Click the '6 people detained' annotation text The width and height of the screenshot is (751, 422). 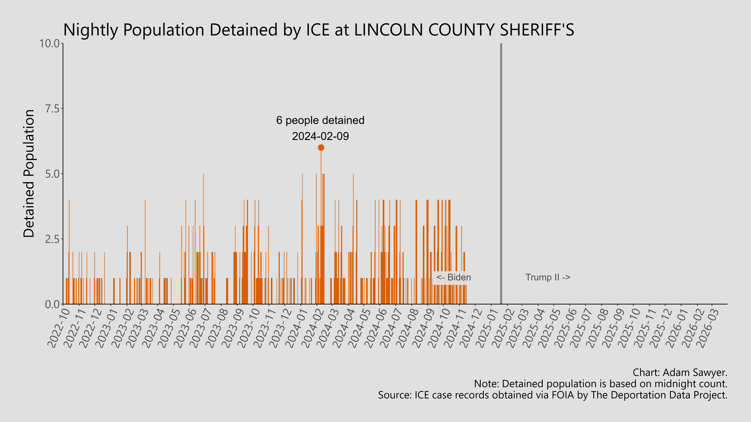(320, 120)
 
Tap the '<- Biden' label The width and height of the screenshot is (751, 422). (453, 277)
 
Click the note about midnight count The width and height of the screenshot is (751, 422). (601, 384)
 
